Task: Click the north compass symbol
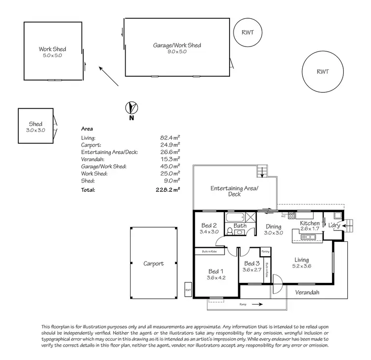click(x=132, y=107)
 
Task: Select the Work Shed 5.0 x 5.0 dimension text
click(x=52, y=55)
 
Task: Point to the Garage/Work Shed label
click(x=177, y=45)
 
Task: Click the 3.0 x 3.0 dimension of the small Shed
click(x=36, y=130)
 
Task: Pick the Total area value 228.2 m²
click(x=168, y=189)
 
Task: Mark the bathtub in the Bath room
click(x=235, y=217)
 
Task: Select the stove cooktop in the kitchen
click(x=292, y=215)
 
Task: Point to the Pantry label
click(x=265, y=251)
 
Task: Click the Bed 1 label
click(x=215, y=271)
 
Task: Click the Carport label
click(x=153, y=264)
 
